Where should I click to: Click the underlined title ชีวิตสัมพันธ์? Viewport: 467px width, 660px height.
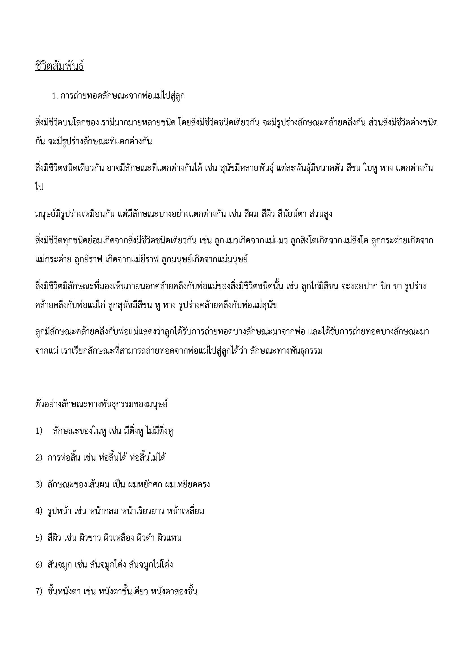coord(60,66)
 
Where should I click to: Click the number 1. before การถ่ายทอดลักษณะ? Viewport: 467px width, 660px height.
coord(56,96)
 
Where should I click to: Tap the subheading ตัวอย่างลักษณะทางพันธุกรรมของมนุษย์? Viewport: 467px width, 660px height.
coord(101,404)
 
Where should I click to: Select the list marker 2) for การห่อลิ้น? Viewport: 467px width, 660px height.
coord(39,458)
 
